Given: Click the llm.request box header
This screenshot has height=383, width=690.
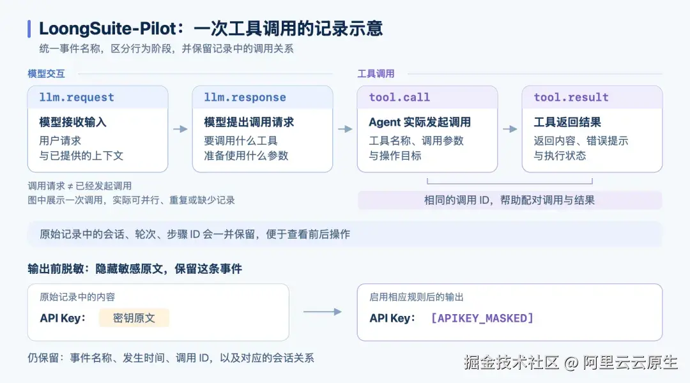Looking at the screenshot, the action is click(x=98, y=97).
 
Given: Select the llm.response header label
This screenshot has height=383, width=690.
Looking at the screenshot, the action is click(x=245, y=97).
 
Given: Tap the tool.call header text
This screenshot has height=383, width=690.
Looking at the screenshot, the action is click(x=399, y=97).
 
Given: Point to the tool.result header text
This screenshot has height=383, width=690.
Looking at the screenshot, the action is click(x=571, y=97).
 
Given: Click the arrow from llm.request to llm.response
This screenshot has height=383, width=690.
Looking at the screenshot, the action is click(x=180, y=129).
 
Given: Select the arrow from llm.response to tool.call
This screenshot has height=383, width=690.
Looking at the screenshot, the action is click(x=345, y=129).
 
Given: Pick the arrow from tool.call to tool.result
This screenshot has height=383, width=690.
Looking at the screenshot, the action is click(x=510, y=129).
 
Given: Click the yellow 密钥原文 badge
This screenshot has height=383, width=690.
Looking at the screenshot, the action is click(x=134, y=318).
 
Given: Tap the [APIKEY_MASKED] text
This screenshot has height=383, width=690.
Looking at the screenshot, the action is click(x=482, y=318).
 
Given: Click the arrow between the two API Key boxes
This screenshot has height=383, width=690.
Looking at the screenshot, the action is click(x=323, y=312).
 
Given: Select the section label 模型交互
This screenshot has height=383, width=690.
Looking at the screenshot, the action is click(x=46, y=73).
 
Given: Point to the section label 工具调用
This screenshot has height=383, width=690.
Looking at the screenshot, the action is click(x=376, y=73).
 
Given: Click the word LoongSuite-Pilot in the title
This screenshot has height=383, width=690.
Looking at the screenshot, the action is click(x=108, y=29).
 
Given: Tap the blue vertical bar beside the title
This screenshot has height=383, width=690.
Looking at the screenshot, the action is click(x=29, y=29).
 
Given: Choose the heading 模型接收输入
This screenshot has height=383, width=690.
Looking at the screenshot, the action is click(x=73, y=122).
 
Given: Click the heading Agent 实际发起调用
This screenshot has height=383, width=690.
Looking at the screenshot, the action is click(x=420, y=122).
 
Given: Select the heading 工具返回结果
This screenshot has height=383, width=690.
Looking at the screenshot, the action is click(x=567, y=122).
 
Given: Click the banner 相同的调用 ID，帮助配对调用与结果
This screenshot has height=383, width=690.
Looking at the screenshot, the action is click(x=510, y=200).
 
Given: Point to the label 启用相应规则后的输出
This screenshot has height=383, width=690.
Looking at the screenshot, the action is click(x=417, y=297).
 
